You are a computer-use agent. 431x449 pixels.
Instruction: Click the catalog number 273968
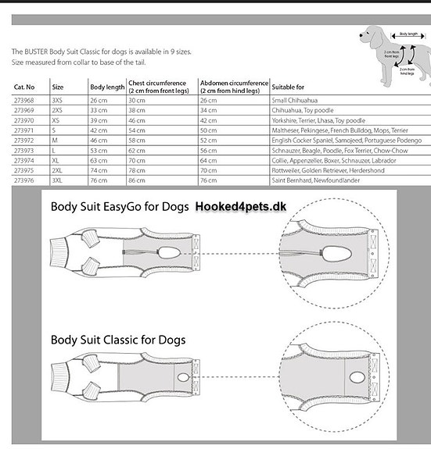pos(23,100)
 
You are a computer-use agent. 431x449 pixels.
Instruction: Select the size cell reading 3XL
pos(58,180)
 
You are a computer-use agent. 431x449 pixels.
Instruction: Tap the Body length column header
pos(106,87)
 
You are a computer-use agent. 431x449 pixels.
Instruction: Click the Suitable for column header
pos(288,87)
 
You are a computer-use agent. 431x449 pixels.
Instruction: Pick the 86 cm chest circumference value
pos(137,180)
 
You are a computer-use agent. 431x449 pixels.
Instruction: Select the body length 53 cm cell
pos(99,150)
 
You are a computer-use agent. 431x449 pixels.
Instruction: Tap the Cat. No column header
pos(25,87)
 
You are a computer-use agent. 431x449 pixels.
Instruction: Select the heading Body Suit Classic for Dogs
pos(118,340)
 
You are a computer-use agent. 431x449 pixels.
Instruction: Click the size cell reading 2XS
pos(58,110)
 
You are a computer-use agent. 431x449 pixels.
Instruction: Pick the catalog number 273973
pos(23,150)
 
